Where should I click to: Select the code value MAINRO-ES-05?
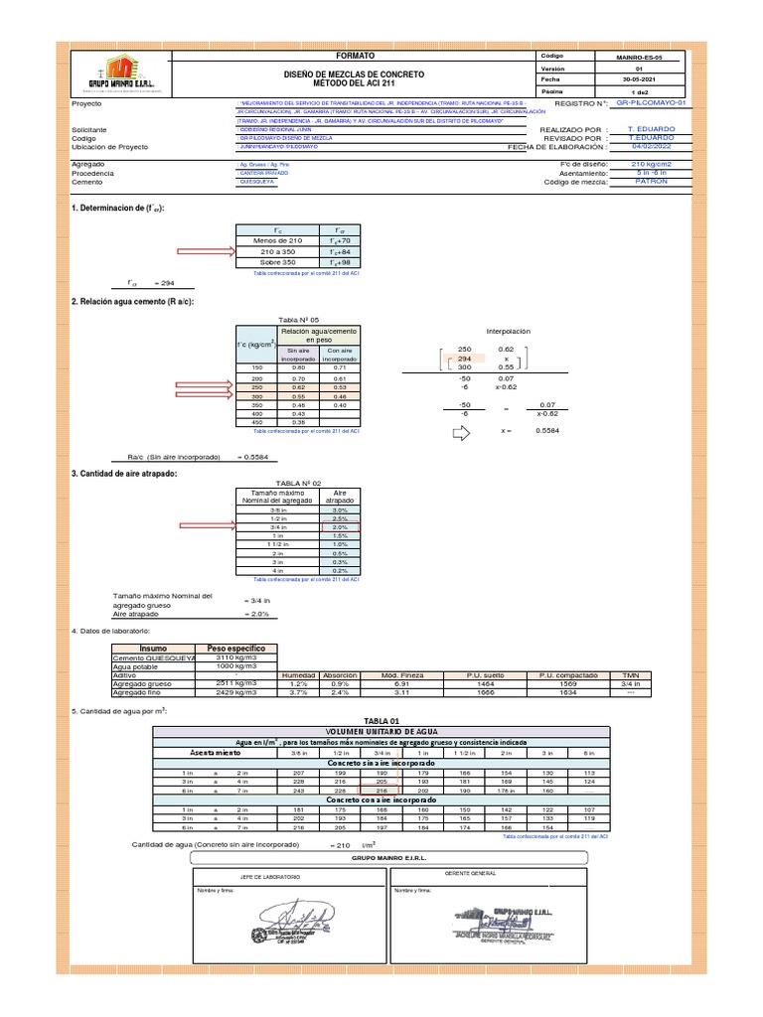[638, 59]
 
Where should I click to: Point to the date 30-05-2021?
[638, 80]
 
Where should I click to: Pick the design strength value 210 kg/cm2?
[651, 163]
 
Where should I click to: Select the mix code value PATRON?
[651, 182]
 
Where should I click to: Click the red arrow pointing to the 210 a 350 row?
[201, 252]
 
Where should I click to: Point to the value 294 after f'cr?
[164, 283]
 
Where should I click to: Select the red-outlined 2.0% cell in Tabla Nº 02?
[339, 527]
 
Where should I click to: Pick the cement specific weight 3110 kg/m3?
[236, 657]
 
